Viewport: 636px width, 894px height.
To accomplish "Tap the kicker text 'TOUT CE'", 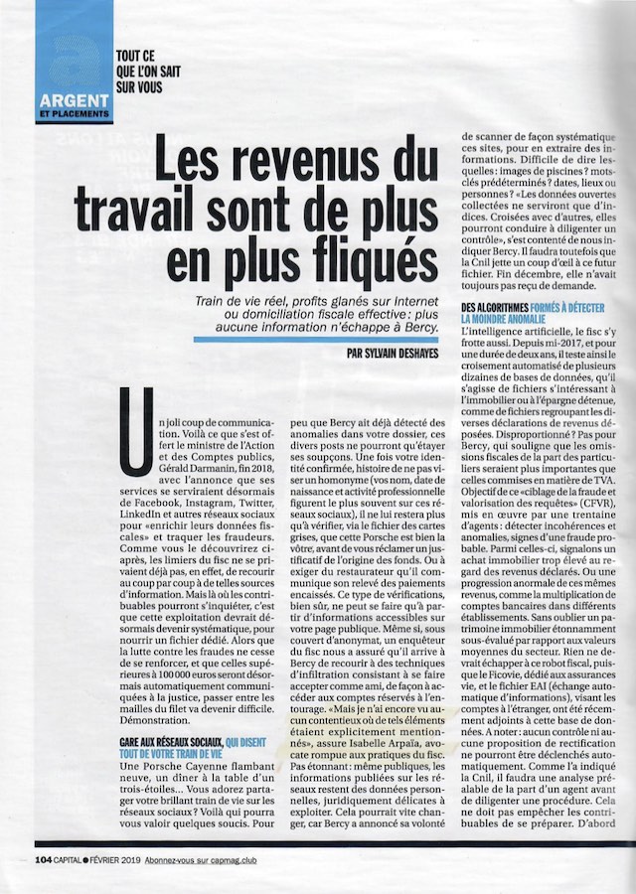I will pos(139,58).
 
